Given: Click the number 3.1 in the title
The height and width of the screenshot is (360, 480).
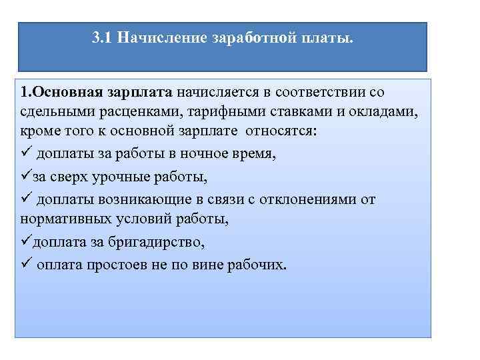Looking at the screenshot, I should point(101,38).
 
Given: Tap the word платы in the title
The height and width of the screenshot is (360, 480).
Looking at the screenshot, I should point(328,38).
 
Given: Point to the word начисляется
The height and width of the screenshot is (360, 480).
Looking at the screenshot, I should point(217,91).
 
